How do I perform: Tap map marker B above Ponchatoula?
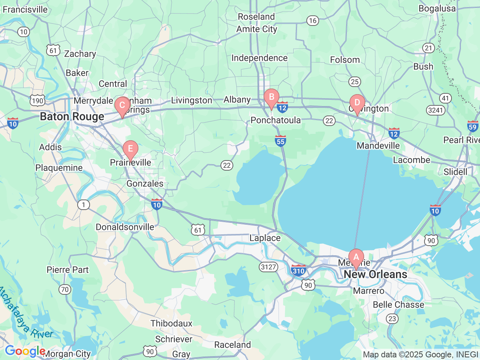click(x=271, y=97)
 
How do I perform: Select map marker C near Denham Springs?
click(x=122, y=106)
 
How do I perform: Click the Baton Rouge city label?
click(x=72, y=117)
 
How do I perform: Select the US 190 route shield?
click(x=37, y=100)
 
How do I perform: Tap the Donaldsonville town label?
click(x=125, y=227)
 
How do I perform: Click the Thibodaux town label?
click(x=171, y=323)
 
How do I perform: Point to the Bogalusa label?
click(x=437, y=9)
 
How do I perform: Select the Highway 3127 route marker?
click(x=268, y=267)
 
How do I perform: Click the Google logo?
click(x=25, y=351)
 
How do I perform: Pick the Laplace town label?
click(x=265, y=238)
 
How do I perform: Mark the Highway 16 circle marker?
click(x=313, y=21)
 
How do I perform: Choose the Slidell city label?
click(x=455, y=172)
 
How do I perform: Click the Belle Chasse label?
click(x=398, y=304)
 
